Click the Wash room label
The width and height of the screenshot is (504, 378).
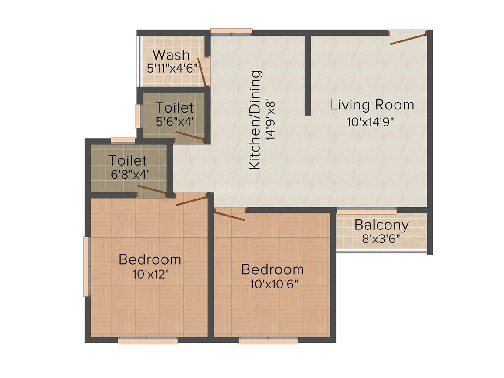click(x=171, y=55)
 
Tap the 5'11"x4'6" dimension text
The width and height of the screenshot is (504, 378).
click(x=172, y=68)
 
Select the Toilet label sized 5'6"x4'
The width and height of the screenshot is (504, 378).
click(x=175, y=107)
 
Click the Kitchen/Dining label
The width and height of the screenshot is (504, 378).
click(x=255, y=119)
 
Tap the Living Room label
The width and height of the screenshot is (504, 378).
click(x=372, y=105)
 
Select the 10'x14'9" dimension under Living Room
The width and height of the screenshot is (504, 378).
click(x=370, y=122)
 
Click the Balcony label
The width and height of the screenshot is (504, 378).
click(x=381, y=225)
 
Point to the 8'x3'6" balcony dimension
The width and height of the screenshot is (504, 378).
click(x=381, y=239)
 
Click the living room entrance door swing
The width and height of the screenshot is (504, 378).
click(x=408, y=38)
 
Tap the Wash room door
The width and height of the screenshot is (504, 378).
click(x=202, y=72)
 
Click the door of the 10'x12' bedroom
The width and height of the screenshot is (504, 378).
click(x=191, y=201)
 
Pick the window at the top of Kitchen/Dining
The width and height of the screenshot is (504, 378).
click(x=231, y=31)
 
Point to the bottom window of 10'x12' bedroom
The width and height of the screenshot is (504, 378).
click(x=148, y=341)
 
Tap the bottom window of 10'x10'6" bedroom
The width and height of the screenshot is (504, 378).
click(x=268, y=341)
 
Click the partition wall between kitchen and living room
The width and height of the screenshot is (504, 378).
click(x=307, y=74)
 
